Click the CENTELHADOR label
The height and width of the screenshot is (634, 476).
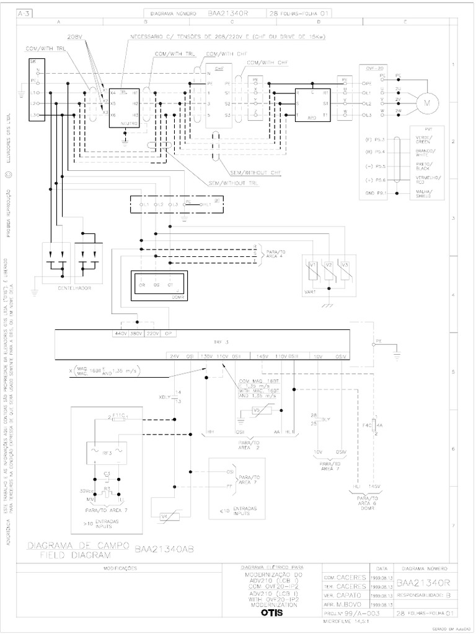pyautogui.click(x=69, y=289)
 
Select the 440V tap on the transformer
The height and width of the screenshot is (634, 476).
pyautogui.click(x=120, y=334)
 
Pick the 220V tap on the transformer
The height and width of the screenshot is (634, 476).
pyautogui.click(x=154, y=334)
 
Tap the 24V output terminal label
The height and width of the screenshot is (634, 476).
pyautogui.click(x=175, y=356)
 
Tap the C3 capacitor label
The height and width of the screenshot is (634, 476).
pyautogui.click(x=107, y=474)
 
